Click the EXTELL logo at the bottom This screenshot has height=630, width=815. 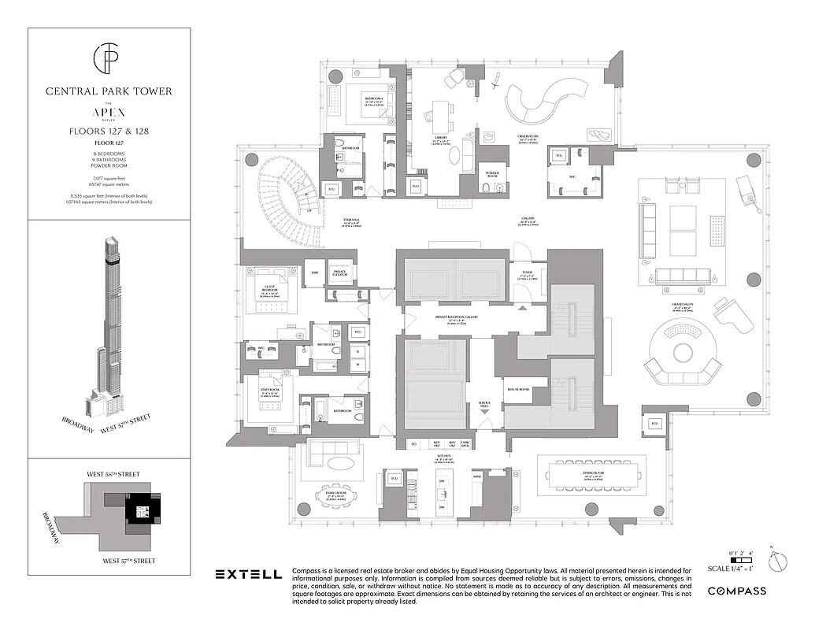tap(249, 575)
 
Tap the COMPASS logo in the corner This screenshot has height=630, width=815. tap(737, 591)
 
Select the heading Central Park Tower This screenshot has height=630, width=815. tap(109, 91)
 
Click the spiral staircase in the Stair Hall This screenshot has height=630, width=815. tap(286, 189)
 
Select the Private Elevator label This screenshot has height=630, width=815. tap(344, 272)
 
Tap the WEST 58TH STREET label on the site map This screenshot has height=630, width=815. tap(112, 474)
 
